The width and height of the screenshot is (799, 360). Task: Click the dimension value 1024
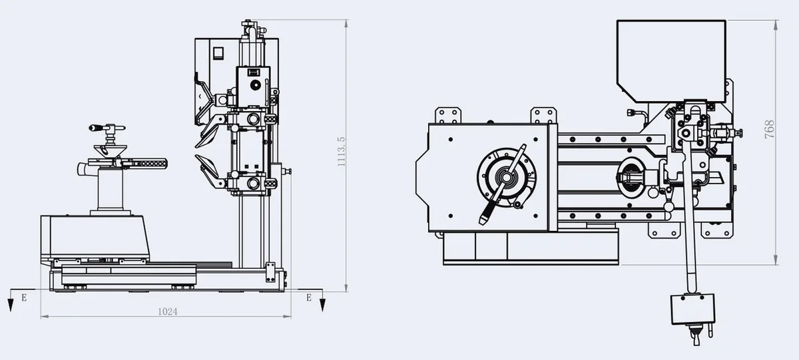click(x=167, y=311)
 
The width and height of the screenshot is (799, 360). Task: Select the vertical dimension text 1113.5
click(x=342, y=152)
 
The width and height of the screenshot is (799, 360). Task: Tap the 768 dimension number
click(x=770, y=129)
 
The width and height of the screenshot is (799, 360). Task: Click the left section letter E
click(x=24, y=297)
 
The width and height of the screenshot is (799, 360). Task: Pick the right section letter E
click(x=309, y=297)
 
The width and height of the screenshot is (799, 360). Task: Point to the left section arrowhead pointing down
click(x=11, y=305)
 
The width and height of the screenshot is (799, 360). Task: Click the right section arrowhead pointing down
click(x=322, y=305)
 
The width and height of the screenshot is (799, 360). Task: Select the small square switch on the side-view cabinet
click(x=218, y=53)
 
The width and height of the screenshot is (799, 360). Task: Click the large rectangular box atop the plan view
click(x=671, y=61)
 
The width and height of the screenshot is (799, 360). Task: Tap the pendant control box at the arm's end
click(x=693, y=309)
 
